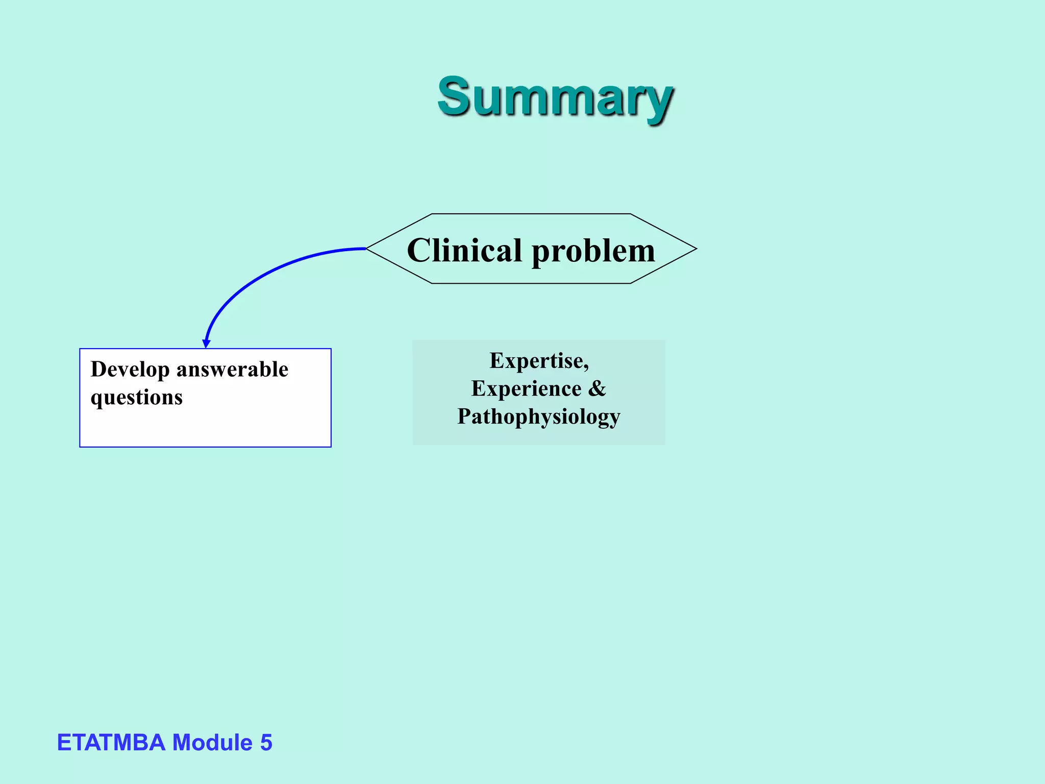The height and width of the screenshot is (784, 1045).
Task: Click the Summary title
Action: pos(555,97)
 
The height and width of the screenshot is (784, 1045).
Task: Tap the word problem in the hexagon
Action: pos(593,252)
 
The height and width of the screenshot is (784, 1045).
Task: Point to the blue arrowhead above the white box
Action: pos(206,344)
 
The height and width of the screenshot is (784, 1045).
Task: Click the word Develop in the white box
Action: pos(130,370)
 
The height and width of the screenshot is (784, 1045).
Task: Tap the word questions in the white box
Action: pos(136,398)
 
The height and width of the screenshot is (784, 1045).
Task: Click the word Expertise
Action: pos(537,360)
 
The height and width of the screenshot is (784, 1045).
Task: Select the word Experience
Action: pos(526,388)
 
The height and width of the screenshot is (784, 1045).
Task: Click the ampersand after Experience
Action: pos(597,388)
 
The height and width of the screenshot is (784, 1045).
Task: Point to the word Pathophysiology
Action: pos(538,416)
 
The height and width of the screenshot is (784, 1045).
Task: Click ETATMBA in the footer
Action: pos(111,742)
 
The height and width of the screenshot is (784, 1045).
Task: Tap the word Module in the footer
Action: pos(212,742)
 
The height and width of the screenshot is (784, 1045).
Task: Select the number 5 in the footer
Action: pos(266,742)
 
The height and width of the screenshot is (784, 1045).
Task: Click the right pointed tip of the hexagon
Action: pos(695,249)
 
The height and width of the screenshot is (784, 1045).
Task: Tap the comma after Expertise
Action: pos(586,366)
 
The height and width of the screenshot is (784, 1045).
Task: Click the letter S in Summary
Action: pos(454,96)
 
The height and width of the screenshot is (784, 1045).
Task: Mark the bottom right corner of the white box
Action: pos(331,447)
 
